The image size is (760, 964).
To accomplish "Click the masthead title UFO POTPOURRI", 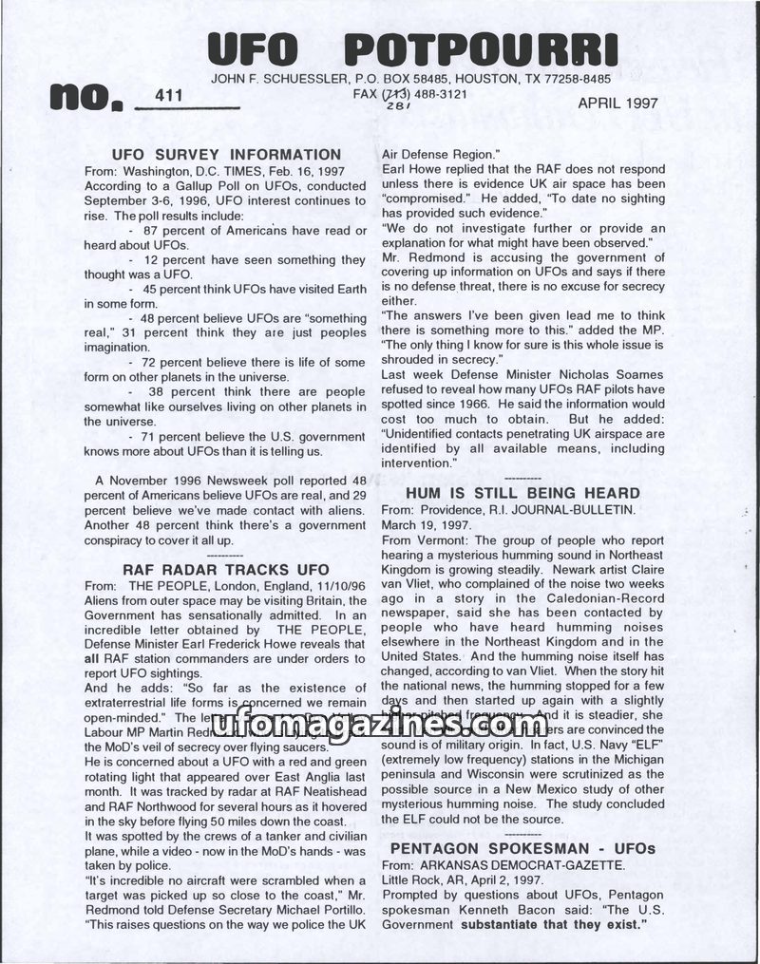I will pyautogui.click(x=412, y=47).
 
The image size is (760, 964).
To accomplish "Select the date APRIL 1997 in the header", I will pyautogui.click(x=617, y=104).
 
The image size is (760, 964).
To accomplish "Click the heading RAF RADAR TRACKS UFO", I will pyautogui.click(x=226, y=569).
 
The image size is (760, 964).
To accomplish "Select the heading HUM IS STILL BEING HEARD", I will pyautogui.click(x=522, y=493).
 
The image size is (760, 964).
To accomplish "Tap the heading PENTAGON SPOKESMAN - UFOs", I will pyautogui.click(x=522, y=847).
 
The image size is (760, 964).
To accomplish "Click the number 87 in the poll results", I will pyautogui.click(x=151, y=231).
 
